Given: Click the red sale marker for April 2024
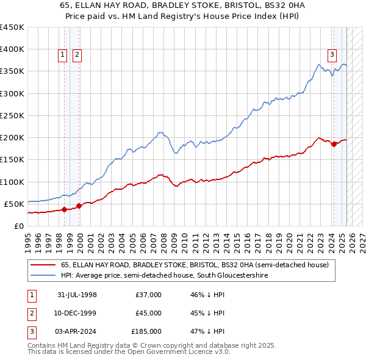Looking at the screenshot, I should point(334,145).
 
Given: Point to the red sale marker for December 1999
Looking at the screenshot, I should point(79,206).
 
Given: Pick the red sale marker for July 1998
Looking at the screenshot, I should point(64,209).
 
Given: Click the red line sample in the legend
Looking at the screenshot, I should point(43,265).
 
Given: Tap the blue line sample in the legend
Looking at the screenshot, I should point(43,276).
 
